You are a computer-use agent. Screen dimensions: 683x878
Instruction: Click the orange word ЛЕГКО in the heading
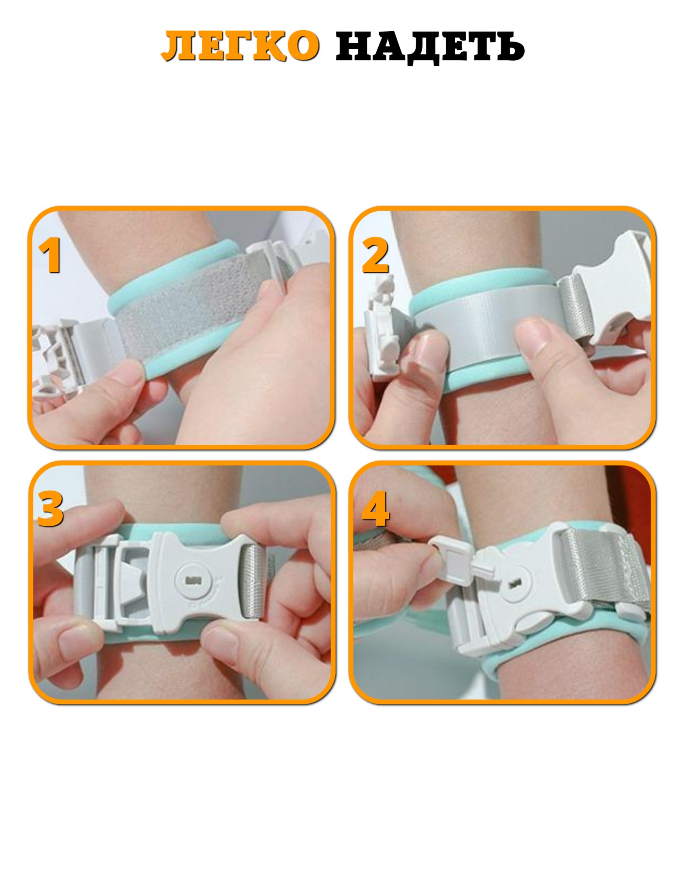point(240,46)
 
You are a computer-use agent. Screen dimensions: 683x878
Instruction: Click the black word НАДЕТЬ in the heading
point(430,47)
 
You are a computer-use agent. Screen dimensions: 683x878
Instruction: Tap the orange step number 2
point(375,257)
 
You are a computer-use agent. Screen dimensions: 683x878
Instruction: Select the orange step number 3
point(50,509)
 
